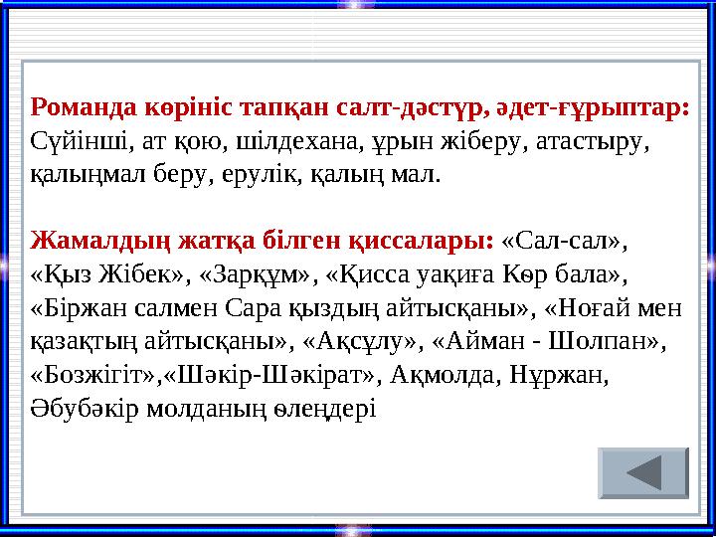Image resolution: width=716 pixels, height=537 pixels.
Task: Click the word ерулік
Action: (255, 176)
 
